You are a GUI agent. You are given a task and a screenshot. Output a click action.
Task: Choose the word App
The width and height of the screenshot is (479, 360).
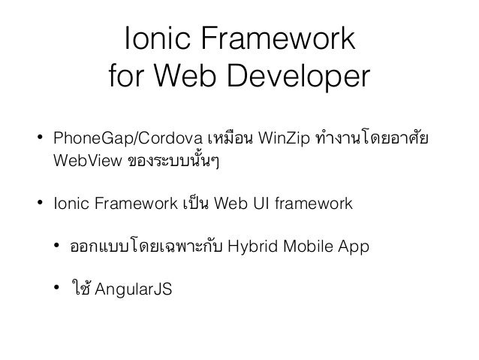pos(351,245)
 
